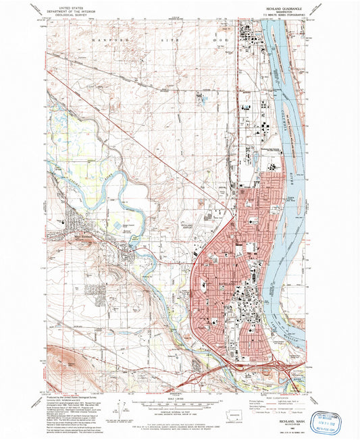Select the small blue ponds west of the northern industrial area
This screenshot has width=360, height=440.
click(x=203, y=100)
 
